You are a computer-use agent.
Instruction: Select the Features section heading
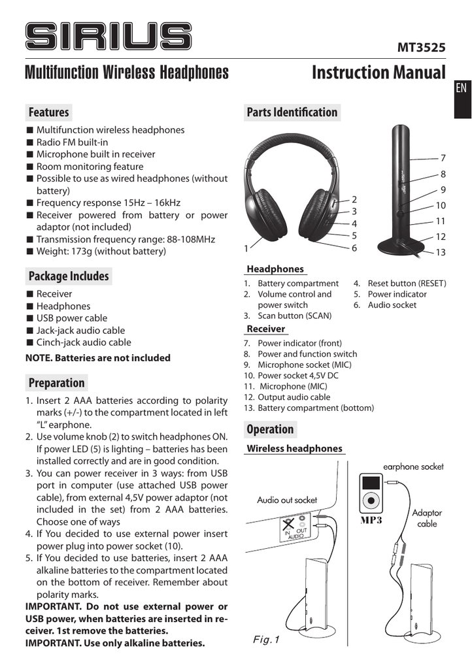(x=48, y=112)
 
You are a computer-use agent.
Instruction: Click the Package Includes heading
(x=68, y=276)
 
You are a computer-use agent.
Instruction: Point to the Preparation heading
(x=57, y=383)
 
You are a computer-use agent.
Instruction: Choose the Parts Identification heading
(x=292, y=112)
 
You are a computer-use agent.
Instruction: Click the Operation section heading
(x=269, y=429)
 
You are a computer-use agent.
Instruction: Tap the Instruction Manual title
(x=378, y=72)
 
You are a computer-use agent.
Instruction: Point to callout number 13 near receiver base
(x=440, y=252)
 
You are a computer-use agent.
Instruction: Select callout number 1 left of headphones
(x=246, y=248)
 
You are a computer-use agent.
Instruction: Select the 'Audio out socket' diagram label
(x=286, y=500)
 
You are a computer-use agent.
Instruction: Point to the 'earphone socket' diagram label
(x=413, y=466)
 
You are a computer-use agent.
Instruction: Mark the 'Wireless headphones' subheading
(x=294, y=448)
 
